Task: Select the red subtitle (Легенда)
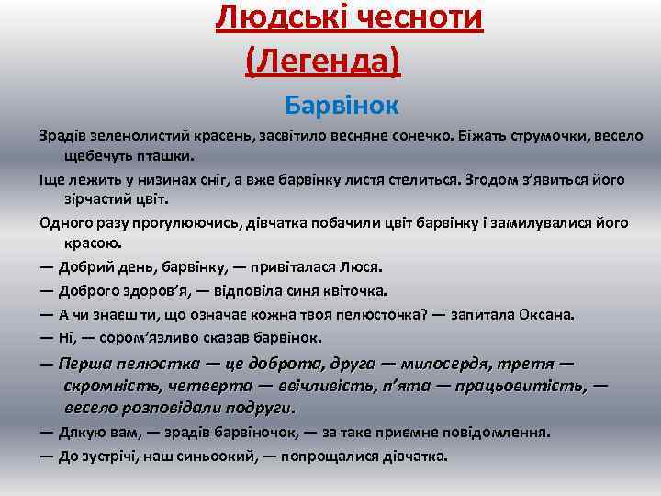[x=323, y=61]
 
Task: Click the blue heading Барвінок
[x=342, y=105]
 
